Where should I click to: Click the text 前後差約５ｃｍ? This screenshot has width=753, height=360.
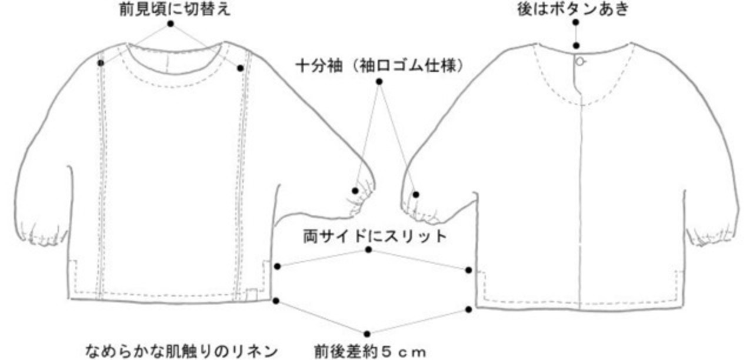[369, 351]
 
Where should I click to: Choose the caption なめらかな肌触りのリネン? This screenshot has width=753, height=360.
[180, 351]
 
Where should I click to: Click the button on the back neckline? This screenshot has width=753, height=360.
[580, 61]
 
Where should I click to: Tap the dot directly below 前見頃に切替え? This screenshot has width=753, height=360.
[171, 24]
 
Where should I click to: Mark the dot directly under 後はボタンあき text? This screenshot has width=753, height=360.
[576, 22]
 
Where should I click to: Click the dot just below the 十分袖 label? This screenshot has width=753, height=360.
[379, 81]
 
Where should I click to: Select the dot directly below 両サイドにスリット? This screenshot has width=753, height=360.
[369, 250]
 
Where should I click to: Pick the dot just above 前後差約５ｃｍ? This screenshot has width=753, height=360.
[367, 334]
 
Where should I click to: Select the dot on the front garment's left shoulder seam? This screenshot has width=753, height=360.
[101, 62]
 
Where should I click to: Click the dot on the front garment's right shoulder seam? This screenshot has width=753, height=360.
[240, 68]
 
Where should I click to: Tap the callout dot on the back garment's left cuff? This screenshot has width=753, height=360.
[416, 194]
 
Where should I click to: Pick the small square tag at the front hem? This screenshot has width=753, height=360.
[252, 293]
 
